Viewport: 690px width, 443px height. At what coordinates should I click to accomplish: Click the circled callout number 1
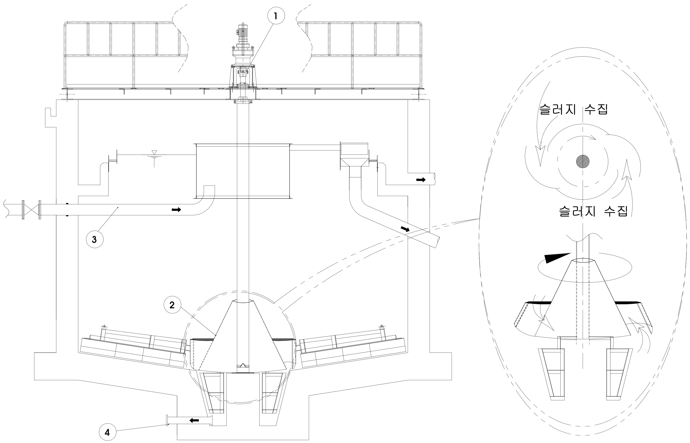tap(276, 16)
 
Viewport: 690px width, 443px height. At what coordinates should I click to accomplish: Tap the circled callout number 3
tap(95, 239)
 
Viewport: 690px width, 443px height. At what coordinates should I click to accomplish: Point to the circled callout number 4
tap(107, 432)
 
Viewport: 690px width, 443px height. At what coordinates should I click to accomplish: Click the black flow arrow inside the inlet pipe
tap(177, 210)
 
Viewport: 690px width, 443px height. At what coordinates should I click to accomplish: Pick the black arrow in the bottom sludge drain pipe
tap(194, 420)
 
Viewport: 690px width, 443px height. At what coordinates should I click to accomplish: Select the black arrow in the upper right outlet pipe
tap(421, 180)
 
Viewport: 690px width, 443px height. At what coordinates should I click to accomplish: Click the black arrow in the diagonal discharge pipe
tap(405, 229)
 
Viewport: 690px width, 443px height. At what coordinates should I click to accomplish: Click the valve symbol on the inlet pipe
tap(32, 210)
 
